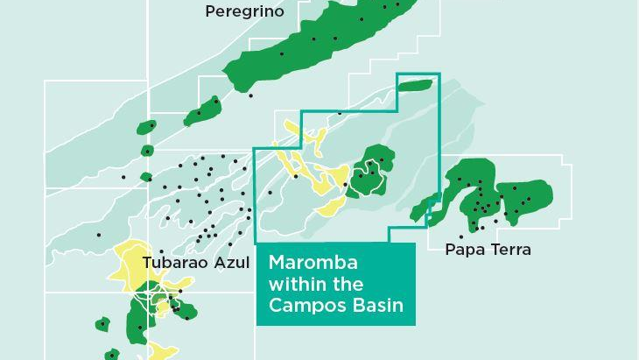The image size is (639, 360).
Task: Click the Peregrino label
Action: point(244,11)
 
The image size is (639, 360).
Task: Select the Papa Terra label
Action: point(488,250)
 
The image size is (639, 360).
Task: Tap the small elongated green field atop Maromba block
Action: point(415,85)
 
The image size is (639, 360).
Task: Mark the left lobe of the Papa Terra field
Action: point(468,193)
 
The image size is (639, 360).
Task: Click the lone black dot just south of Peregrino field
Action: point(250,95)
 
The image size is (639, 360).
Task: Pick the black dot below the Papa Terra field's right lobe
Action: point(496,221)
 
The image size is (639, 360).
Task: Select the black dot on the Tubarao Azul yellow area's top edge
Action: point(161,251)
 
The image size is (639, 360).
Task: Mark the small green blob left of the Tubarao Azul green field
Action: point(102,324)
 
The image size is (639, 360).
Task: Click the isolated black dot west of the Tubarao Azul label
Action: point(99,235)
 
